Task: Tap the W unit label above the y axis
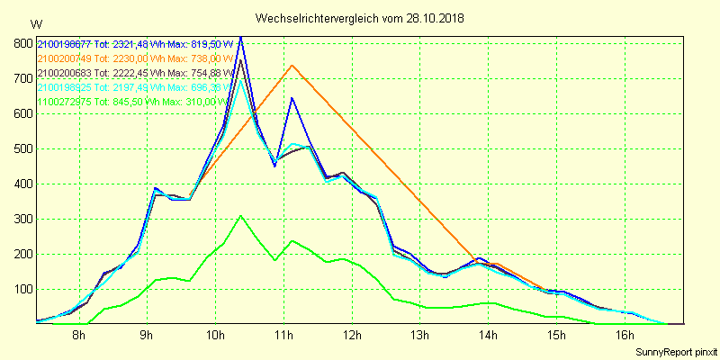[35, 24]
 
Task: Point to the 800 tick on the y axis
[23, 43]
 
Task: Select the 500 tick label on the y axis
[23, 148]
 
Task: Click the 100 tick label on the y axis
[23, 289]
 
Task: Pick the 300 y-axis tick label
[23, 219]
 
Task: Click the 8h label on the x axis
[79, 337]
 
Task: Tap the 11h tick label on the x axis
[283, 337]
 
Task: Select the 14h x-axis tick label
[489, 337]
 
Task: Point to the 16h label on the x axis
[625, 337]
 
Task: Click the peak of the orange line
[292, 66]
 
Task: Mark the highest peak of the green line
[241, 216]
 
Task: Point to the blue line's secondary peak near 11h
[292, 98]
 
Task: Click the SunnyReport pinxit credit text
[676, 350]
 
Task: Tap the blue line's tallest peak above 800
[240, 38]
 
